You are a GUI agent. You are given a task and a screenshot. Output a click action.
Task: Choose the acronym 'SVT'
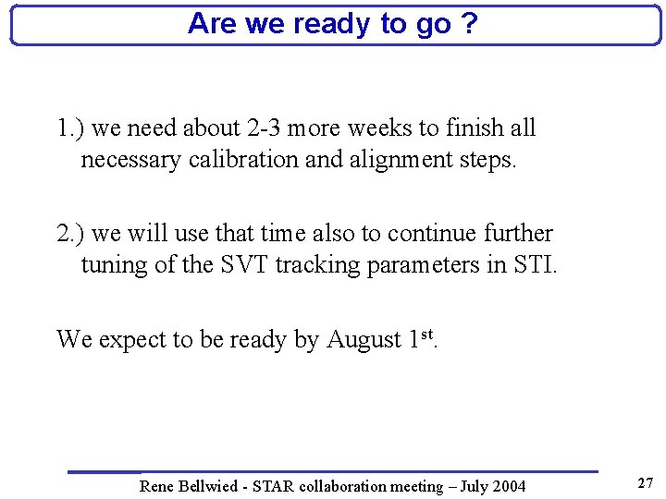click(241, 265)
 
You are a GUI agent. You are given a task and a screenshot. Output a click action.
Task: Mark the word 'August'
click(364, 340)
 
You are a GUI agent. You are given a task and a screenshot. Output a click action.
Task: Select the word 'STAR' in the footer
click(275, 486)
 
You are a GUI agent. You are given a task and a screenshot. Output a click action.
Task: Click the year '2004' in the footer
click(508, 486)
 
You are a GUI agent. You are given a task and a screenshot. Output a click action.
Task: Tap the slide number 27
click(646, 483)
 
